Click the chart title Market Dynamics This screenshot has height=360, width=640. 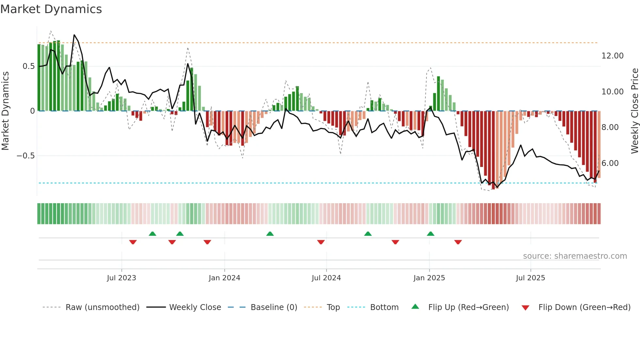[51, 9]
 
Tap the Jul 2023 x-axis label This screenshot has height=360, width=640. [121, 278]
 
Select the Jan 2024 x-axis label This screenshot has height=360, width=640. [224, 278]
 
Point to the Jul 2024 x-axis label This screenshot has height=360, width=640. [326, 278]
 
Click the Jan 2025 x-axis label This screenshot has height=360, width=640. [429, 278]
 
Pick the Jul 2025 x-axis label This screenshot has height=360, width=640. [530, 278]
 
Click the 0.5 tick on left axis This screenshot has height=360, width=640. [28, 66]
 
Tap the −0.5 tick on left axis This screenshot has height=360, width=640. [26, 156]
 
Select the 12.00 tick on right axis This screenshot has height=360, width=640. [612, 56]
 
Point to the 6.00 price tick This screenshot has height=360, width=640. [610, 163]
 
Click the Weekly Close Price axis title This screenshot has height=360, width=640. [634, 111]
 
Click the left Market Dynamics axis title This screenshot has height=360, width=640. [5, 111]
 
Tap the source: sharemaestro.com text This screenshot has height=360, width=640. [575, 256]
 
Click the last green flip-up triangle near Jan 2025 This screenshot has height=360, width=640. [430, 234]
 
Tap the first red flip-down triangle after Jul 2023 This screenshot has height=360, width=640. [133, 242]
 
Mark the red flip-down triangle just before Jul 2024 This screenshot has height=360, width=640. [321, 242]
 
